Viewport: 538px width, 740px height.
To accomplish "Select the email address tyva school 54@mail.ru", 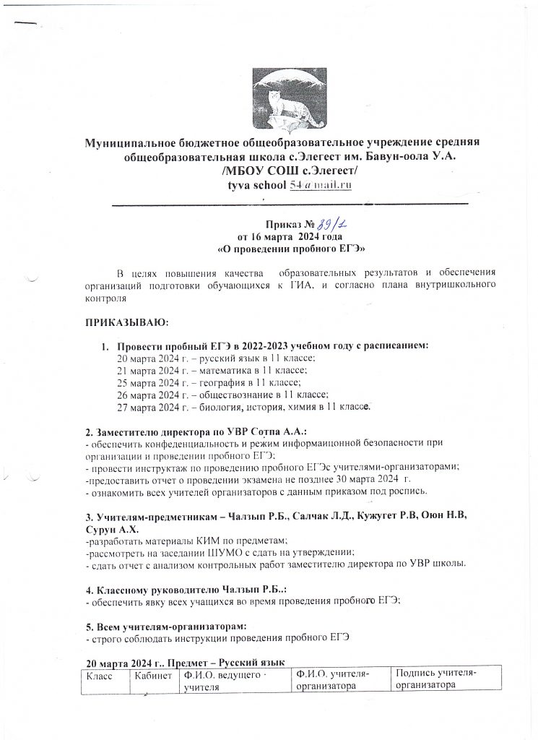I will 288,186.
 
